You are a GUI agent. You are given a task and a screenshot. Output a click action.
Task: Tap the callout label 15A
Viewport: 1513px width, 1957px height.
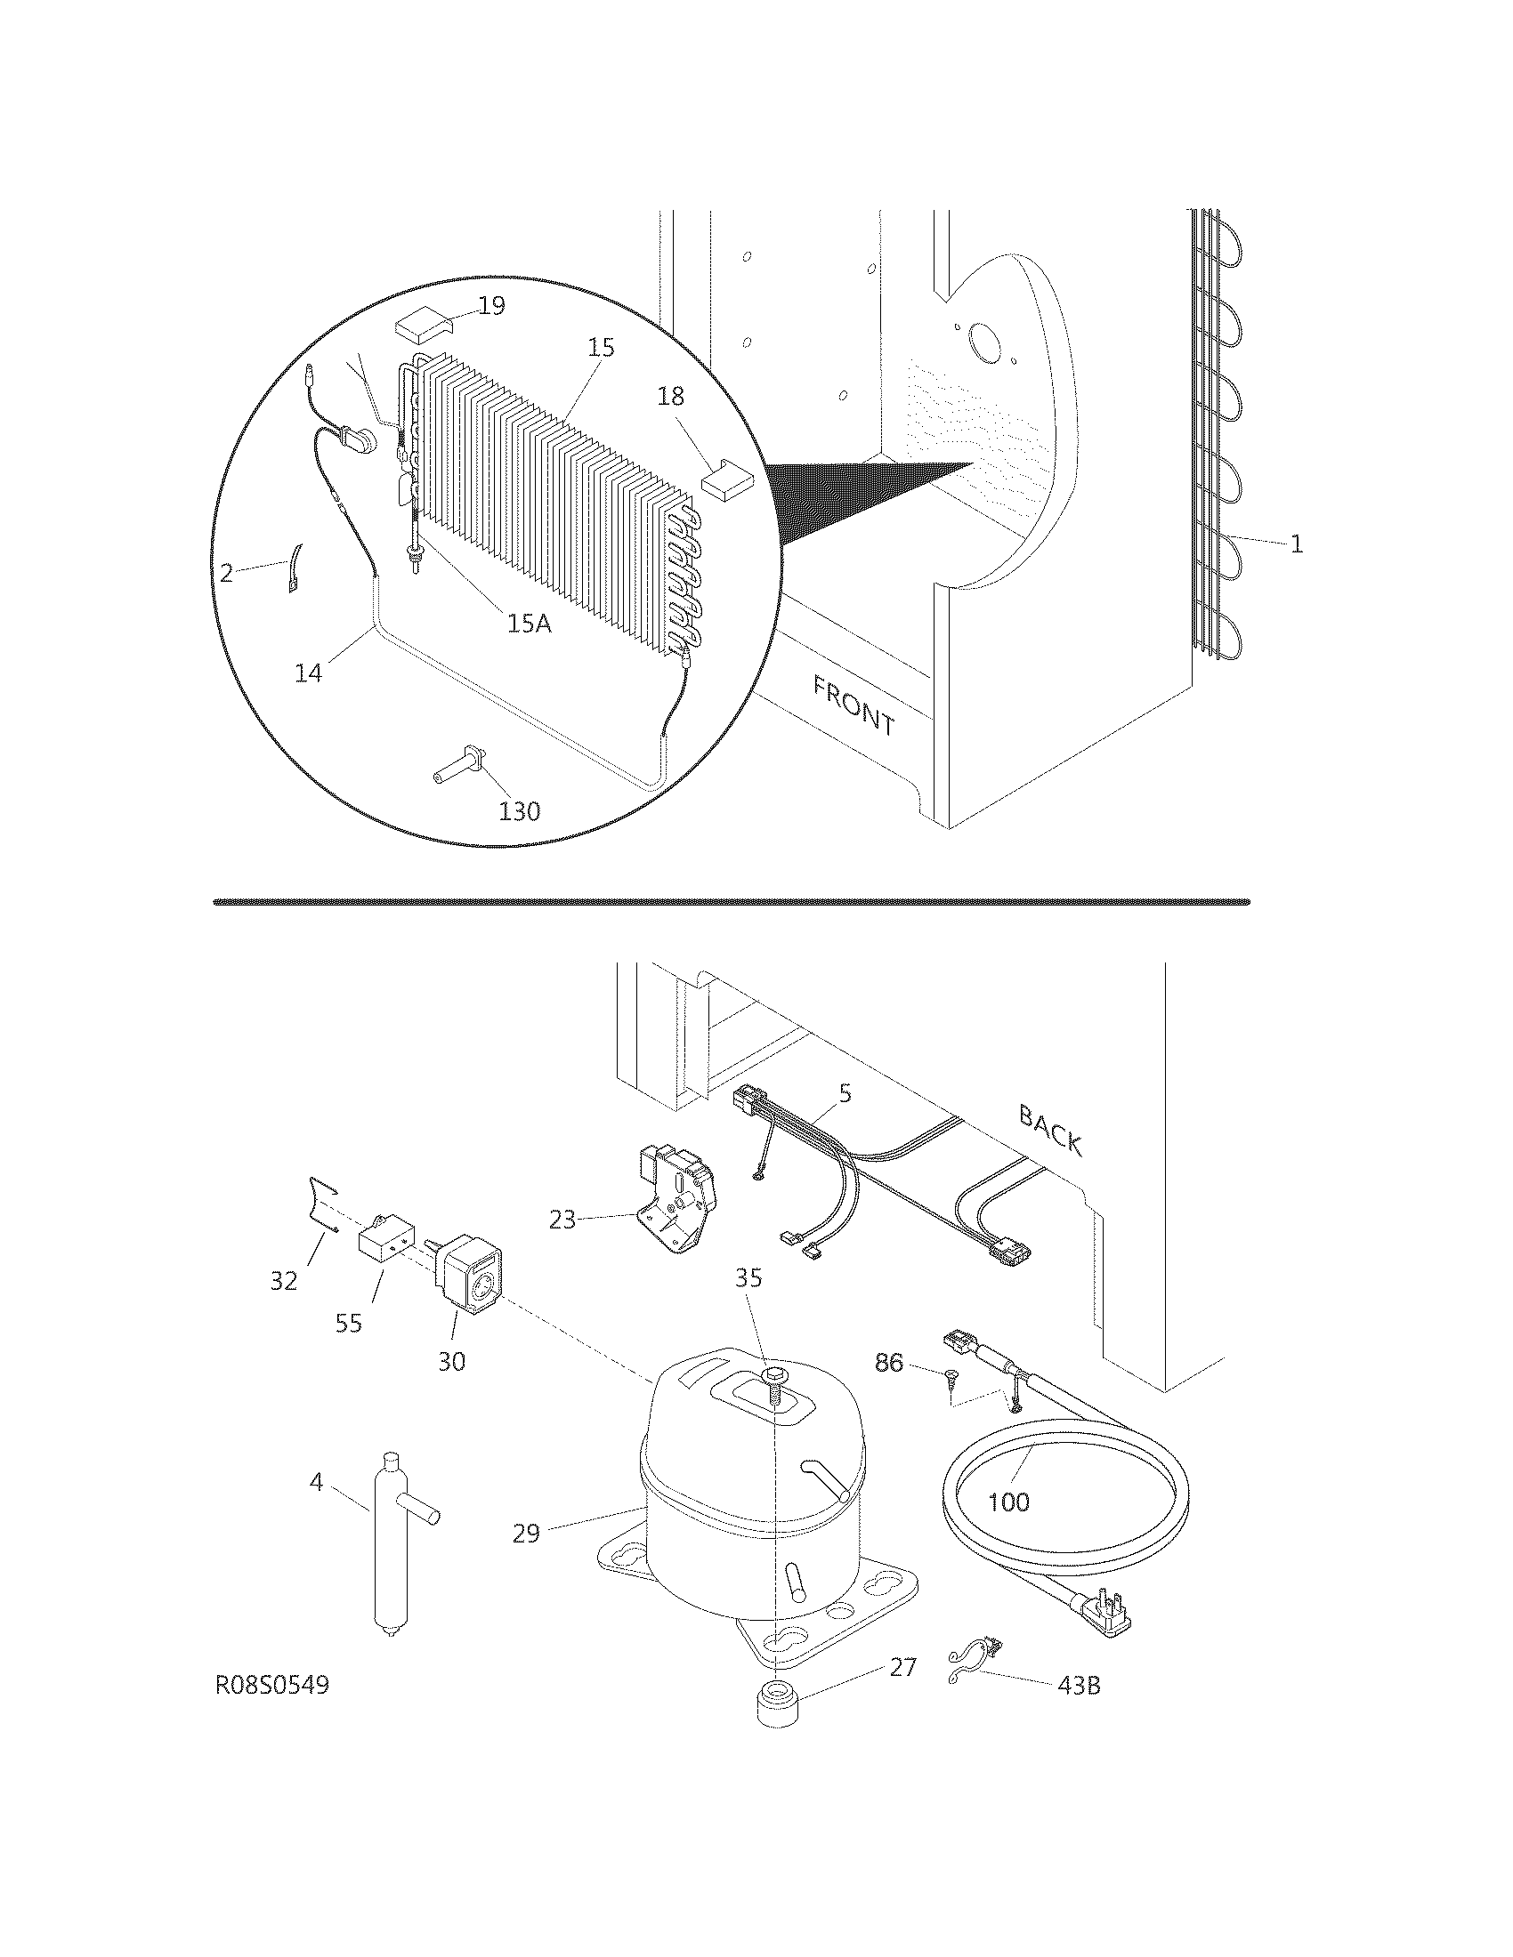click(x=529, y=624)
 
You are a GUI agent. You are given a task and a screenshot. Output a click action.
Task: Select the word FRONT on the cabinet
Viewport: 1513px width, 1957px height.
click(x=854, y=705)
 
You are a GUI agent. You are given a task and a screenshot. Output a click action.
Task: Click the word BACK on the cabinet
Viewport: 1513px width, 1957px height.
click(x=1050, y=1131)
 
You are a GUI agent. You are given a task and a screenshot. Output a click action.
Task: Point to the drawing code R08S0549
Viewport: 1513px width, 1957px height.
click(x=272, y=1686)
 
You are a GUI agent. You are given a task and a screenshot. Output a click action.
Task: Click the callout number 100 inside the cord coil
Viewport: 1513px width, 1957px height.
click(x=1008, y=1502)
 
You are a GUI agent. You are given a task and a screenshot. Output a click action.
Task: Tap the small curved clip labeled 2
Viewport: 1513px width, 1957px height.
click(x=294, y=568)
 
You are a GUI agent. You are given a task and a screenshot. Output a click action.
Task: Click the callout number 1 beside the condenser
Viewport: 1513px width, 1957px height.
click(x=1296, y=544)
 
